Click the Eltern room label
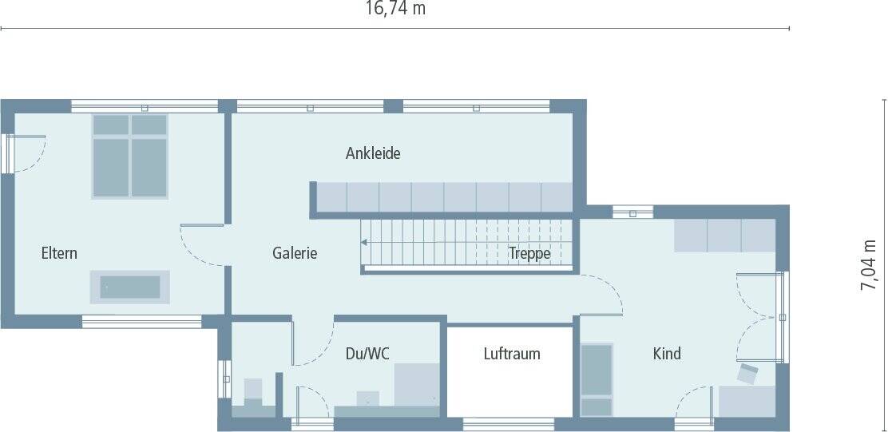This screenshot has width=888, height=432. (60, 254)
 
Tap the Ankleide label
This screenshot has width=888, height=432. (373, 153)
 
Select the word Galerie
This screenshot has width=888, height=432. (295, 254)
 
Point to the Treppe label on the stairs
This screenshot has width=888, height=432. (529, 254)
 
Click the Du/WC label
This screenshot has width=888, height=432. (367, 354)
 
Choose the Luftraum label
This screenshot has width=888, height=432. (512, 354)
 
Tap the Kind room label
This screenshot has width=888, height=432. (667, 354)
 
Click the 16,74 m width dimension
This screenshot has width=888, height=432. (395, 10)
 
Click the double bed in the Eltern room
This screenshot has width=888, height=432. (129, 155)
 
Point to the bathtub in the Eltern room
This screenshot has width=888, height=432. (130, 287)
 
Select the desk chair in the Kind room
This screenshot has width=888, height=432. (749, 373)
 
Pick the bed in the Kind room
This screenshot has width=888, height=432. (597, 379)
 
